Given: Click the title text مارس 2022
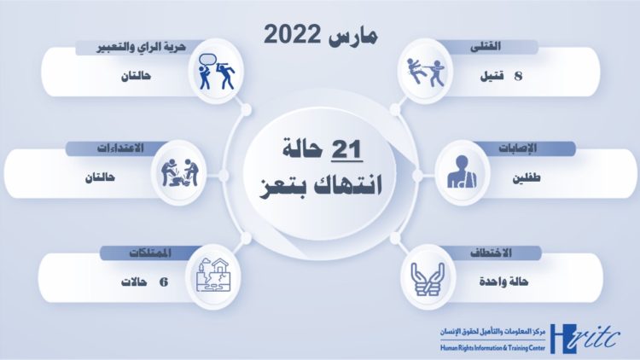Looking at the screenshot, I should coord(321,35).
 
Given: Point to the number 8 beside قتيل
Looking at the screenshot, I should coord(518,76).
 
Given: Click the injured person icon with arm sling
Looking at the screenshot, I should coord(458,174).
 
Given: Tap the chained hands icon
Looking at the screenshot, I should coord(425,276).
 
